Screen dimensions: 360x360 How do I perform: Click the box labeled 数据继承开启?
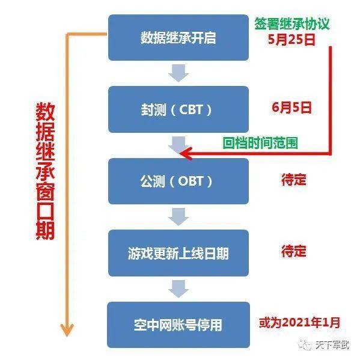[178, 38]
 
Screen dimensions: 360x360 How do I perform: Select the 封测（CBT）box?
[178, 109]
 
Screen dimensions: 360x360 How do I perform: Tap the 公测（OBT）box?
[178, 181]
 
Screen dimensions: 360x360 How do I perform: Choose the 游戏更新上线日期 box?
[178, 253]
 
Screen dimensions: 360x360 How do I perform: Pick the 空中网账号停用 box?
[178, 325]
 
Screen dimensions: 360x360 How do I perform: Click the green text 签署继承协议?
[292, 23]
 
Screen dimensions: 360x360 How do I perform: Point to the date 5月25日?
[291, 40]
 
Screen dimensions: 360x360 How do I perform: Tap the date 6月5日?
[291, 108]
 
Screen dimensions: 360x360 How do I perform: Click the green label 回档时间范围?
[260, 143]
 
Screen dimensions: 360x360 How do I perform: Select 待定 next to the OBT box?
[294, 180]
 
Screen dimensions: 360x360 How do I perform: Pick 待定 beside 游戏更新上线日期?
[294, 251]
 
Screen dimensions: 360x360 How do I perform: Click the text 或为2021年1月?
[299, 323]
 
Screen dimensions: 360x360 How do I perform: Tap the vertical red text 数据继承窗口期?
[45, 171]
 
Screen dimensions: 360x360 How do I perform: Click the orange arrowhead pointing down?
[67, 330]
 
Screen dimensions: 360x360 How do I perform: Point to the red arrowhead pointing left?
[186, 153]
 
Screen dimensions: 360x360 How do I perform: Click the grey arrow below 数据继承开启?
[178, 73]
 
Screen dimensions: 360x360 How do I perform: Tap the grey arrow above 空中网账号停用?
[178, 288]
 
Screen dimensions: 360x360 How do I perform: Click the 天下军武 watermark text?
[332, 345]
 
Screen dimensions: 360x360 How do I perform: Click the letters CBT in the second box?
[191, 110]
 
